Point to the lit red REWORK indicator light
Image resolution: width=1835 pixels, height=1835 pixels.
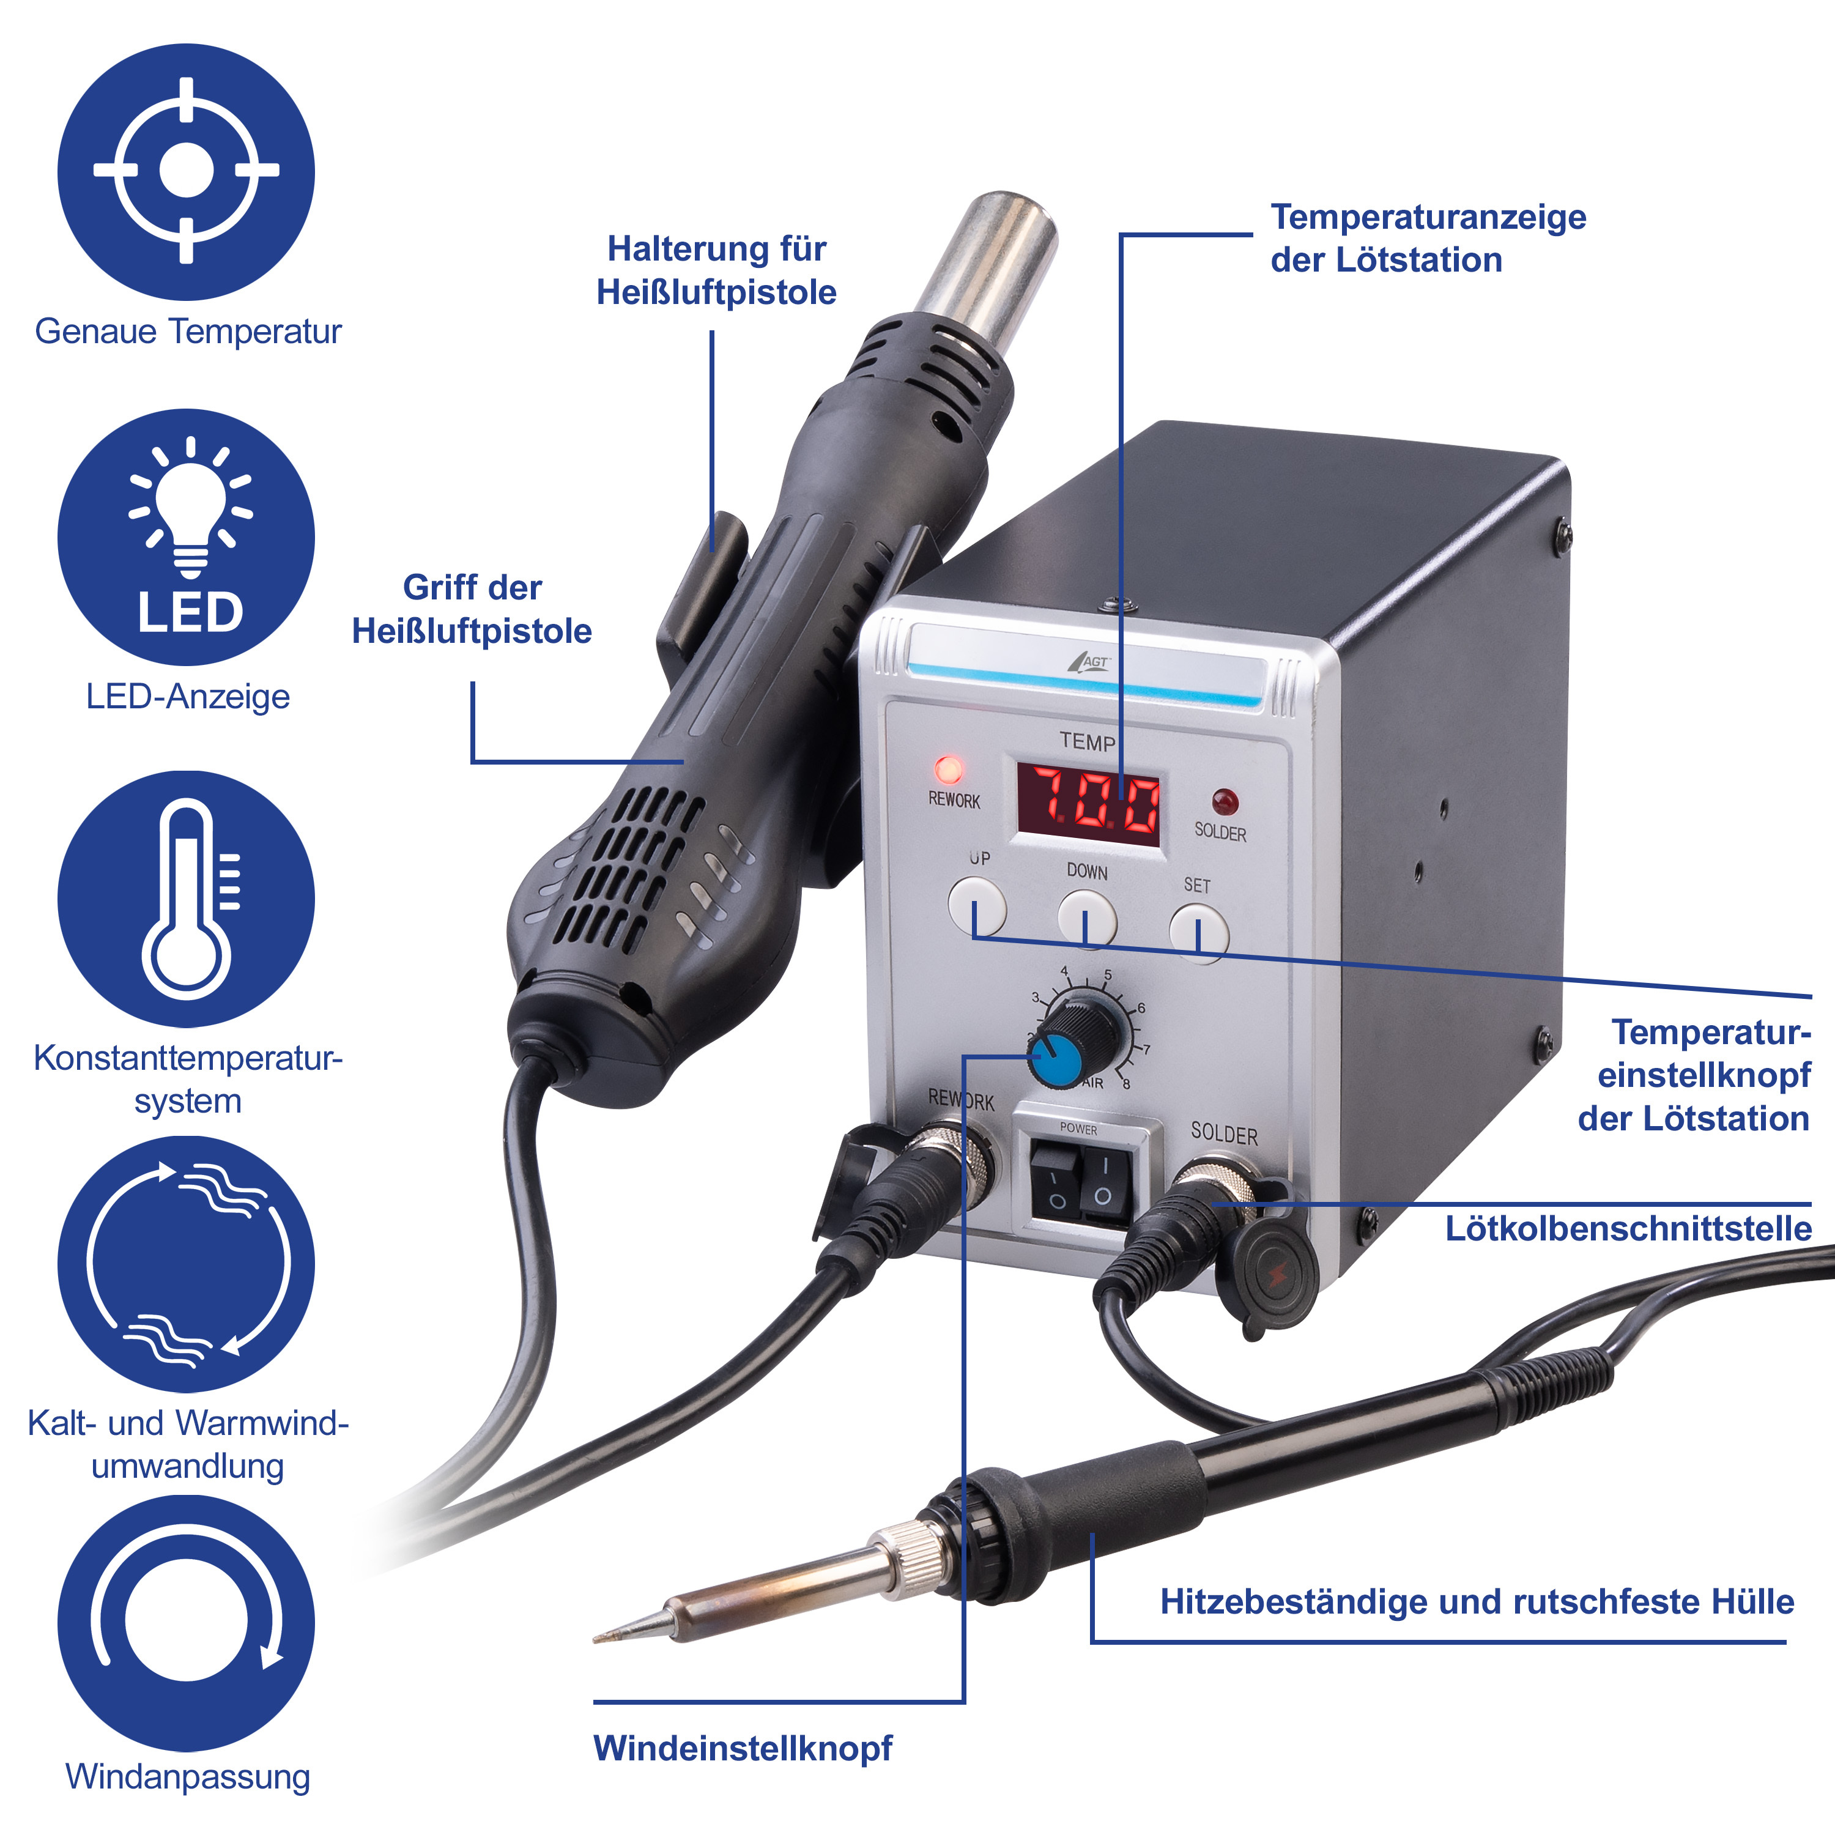(x=948, y=768)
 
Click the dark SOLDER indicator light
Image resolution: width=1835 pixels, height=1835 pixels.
(x=1225, y=802)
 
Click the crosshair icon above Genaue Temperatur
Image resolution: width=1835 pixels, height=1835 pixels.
(x=186, y=171)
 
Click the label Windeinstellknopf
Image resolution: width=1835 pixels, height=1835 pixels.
(x=743, y=1749)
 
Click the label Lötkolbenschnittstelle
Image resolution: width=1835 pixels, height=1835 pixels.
(x=1628, y=1228)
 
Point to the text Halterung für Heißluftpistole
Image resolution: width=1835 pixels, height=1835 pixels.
(x=716, y=271)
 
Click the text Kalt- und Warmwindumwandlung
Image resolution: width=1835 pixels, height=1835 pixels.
(x=188, y=1444)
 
